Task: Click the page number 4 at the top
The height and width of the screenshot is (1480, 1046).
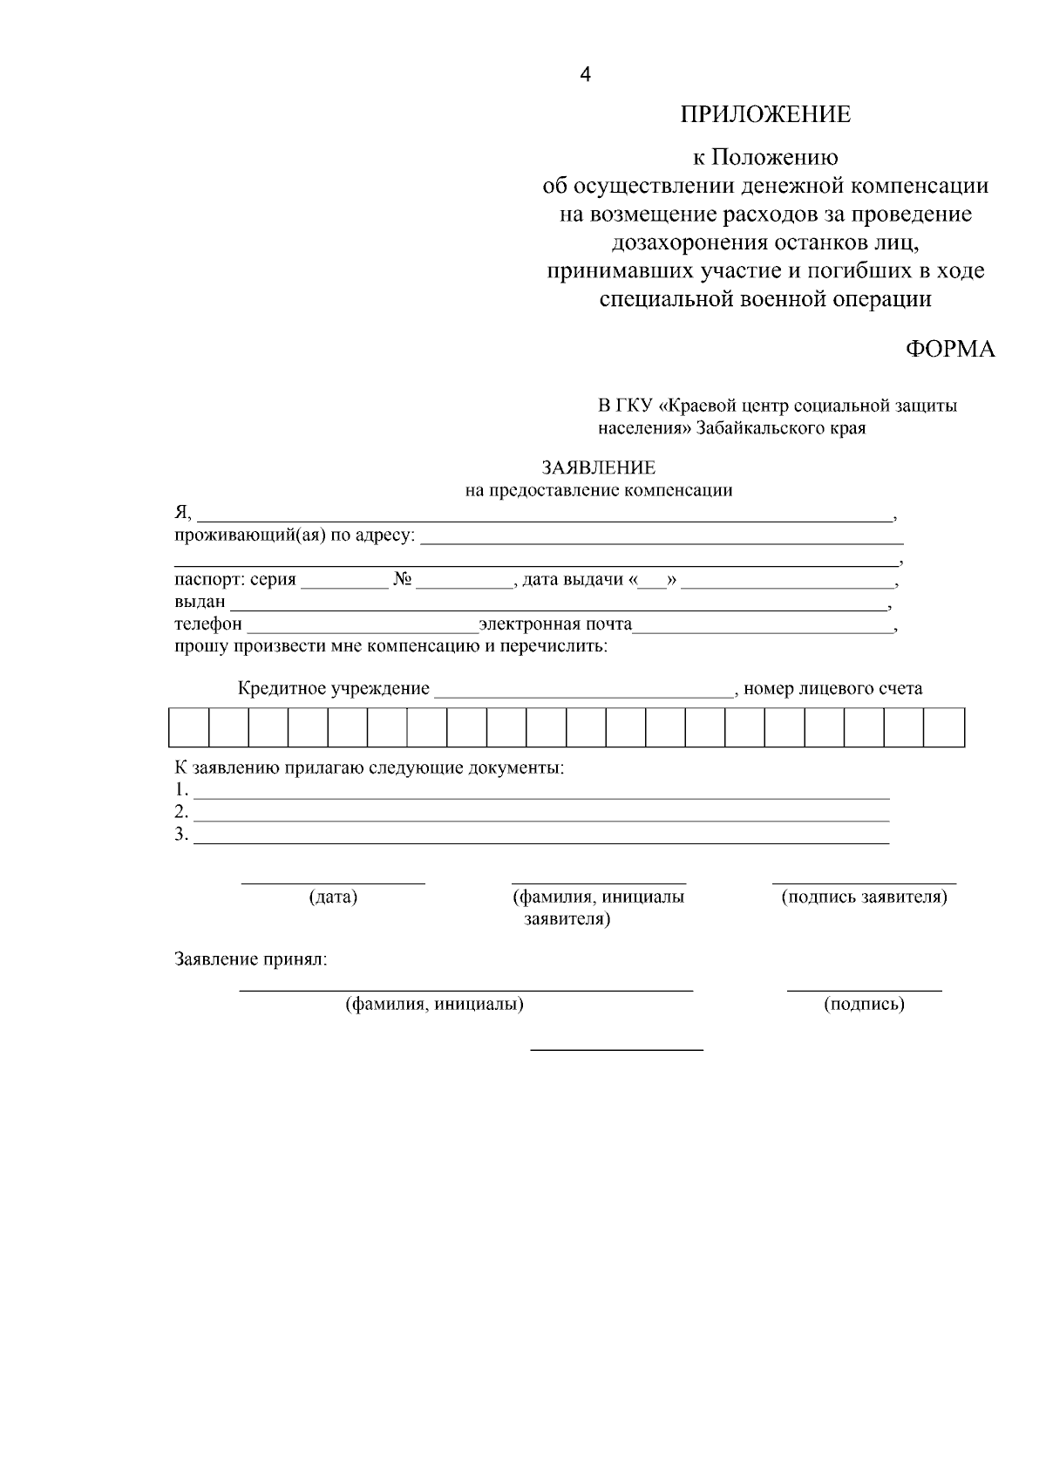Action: [x=585, y=76]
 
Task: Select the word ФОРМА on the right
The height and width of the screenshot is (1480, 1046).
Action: [x=949, y=349]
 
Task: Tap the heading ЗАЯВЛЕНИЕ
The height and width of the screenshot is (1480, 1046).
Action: [x=598, y=468]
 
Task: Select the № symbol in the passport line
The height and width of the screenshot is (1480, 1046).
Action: [x=402, y=580]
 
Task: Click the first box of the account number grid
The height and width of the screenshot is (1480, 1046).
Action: [x=188, y=727]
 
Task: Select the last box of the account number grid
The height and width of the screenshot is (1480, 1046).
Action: [x=944, y=727]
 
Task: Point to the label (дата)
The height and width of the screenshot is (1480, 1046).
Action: [x=333, y=897]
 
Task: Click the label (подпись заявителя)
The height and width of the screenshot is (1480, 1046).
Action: [x=864, y=897]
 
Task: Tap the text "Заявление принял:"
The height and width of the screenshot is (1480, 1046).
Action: [x=251, y=960]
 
